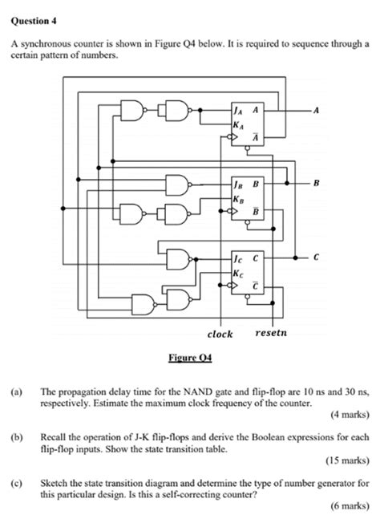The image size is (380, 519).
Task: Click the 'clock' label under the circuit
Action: tap(220, 334)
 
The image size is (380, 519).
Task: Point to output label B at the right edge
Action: tap(316, 184)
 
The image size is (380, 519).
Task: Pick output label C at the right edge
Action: tap(316, 257)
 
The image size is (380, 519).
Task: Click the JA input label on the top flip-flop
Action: tap(237, 112)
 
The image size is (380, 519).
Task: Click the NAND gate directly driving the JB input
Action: tap(178, 185)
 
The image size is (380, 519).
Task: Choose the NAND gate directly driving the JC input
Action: tap(180, 258)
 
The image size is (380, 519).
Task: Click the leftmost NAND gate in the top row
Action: tap(133, 112)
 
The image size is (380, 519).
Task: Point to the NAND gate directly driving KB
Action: tap(173, 214)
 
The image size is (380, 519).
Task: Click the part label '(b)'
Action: tap(16, 438)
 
